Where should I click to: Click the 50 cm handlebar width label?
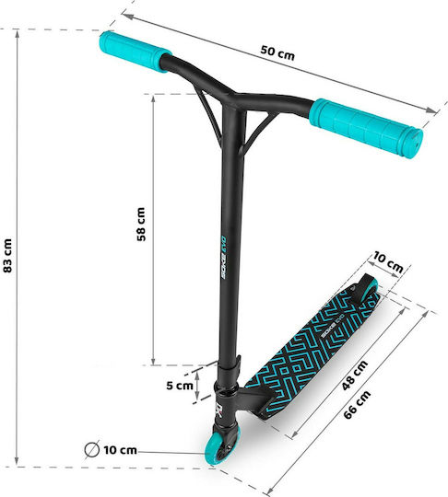click(277, 53)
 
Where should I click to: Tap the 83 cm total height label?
click(7, 256)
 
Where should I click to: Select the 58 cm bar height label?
click(141, 224)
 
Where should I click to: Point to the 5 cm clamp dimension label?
click(180, 386)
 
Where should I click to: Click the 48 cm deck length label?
click(355, 375)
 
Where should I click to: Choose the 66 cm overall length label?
click(357, 405)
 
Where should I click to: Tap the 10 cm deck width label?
click(388, 262)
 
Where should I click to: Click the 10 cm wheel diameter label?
click(120, 450)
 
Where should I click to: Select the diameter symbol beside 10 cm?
click(92, 449)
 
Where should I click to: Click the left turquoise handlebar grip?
click(136, 51)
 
